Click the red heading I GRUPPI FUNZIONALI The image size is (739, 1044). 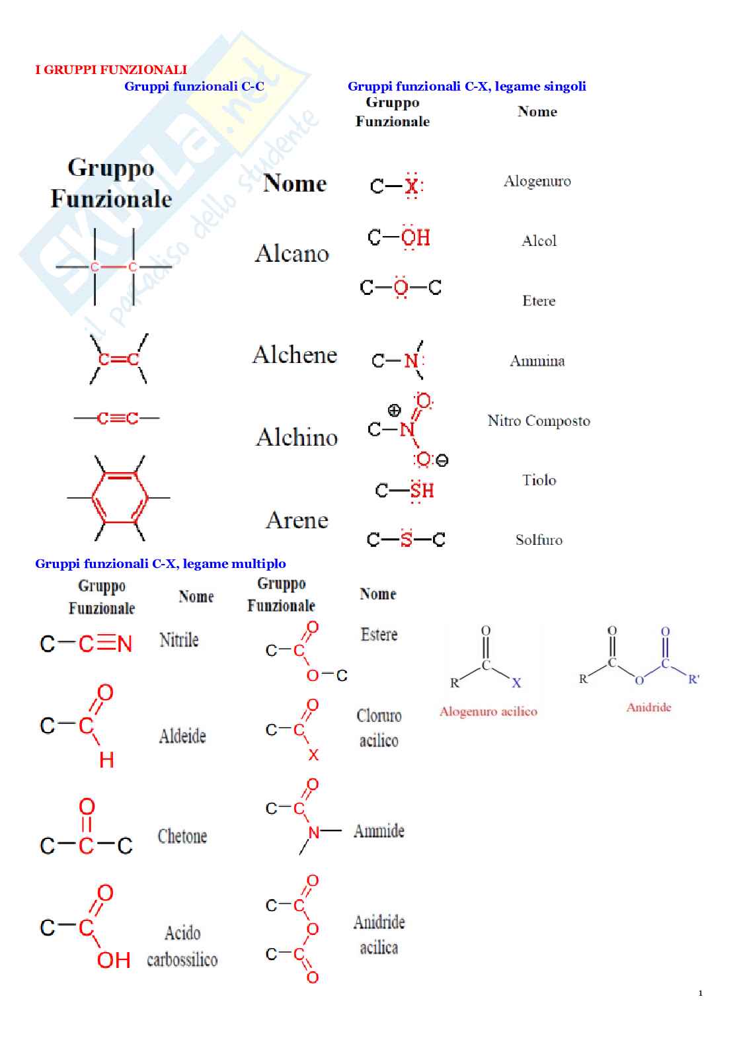tap(111, 69)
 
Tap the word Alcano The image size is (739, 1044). tap(292, 253)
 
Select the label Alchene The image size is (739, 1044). tap(295, 355)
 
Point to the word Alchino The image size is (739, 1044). tap(297, 437)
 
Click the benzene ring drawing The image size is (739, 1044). tap(120, 497)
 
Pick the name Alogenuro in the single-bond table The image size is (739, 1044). tap(537, 181)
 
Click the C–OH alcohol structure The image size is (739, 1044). tap(399, 237)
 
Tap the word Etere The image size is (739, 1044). tap(539, 301)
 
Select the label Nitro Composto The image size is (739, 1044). tap(539, 421)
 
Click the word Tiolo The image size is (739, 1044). tap(539, 480)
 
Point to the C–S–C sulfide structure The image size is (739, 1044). tap(406, 540)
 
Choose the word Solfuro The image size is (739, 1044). tap(539, 540)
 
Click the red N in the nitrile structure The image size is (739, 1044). tap(124, 643)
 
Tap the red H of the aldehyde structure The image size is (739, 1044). tap(106, 760)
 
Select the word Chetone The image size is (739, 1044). tap(182, 836)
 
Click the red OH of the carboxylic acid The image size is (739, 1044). tap(113, 960)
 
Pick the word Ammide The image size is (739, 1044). tap(379, 831)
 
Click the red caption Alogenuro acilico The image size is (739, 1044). tap(488, 711)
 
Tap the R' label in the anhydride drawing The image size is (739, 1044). tap(693, 679)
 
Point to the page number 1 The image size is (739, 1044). tap(701, 993)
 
